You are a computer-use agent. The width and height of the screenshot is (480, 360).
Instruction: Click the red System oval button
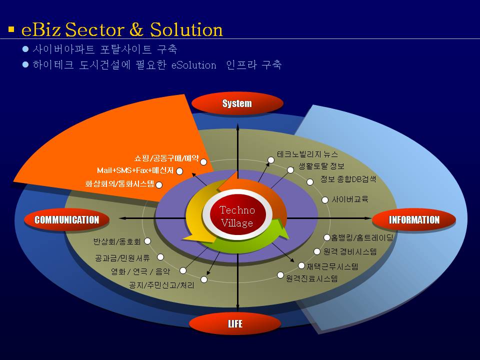(x=237, y=103)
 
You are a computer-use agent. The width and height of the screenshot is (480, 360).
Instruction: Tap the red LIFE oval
(x=235, y=324)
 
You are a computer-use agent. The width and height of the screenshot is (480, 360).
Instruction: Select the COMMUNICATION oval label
(x=66, y=219)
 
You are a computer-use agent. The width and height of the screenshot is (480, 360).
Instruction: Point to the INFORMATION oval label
(x=414, y=219)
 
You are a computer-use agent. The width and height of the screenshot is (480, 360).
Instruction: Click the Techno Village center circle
(x=237, y=216)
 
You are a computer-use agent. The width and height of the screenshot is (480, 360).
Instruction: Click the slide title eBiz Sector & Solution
(x=122, y=29)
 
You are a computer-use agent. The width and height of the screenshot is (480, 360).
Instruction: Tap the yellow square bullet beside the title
(x=11, y=29)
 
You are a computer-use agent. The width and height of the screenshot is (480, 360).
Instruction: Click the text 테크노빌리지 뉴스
(x=307, y=154)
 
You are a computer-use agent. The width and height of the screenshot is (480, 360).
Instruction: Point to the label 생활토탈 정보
(x=321, y=166)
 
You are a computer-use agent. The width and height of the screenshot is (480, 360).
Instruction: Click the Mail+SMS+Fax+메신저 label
(x=135, y=170)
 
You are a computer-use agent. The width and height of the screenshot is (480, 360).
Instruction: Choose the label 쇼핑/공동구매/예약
(x=166, y=158)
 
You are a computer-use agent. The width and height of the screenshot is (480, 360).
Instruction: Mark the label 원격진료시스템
(x=311, y=278)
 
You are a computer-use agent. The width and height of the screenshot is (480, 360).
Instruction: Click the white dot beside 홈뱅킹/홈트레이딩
(x=327, y=237)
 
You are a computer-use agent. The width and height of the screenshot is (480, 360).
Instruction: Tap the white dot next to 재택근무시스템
(x=301, y=265)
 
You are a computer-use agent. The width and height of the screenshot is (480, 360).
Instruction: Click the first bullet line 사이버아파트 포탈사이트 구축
(x=104, y=50)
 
